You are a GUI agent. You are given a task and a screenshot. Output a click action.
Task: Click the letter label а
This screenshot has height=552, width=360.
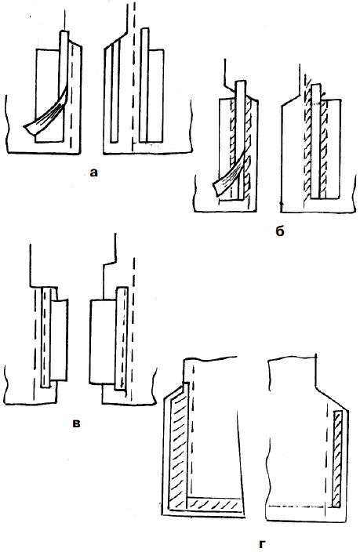93,172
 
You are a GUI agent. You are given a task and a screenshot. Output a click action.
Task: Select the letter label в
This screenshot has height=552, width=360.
76,423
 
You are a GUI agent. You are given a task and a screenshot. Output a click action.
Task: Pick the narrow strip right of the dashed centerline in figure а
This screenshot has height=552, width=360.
144,85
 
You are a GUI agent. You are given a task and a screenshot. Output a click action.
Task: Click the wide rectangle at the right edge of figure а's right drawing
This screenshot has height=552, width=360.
156,95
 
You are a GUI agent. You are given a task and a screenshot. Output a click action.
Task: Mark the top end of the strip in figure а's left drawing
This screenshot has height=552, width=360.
64,31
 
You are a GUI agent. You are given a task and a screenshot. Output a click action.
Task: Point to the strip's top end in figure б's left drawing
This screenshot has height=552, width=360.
240,82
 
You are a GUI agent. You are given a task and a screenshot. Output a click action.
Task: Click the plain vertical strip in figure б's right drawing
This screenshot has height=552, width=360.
316,141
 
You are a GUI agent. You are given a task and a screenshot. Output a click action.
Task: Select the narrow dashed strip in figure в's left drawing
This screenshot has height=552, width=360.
45,337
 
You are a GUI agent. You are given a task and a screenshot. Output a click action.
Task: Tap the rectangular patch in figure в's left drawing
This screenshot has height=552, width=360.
59,340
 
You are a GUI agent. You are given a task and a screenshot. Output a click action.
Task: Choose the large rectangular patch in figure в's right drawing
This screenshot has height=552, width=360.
103,342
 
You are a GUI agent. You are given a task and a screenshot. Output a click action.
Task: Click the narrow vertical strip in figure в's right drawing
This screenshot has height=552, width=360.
121,338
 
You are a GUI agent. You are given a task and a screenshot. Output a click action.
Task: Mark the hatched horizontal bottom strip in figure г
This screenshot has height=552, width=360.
215,503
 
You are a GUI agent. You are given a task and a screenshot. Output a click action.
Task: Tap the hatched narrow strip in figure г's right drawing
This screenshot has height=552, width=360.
337,459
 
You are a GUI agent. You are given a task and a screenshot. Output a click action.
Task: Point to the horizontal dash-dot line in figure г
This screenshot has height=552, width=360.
296,507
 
